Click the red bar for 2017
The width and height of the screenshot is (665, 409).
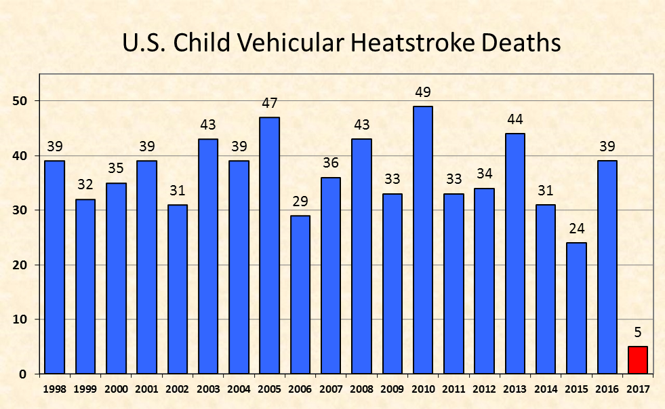[x=637, y=360]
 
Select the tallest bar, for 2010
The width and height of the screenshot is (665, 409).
[x=423, y=240]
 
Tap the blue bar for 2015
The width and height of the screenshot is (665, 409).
[x=576, y=309]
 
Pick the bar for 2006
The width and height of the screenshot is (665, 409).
[x=300, y=295]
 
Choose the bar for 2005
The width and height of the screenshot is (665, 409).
[x=269, y=246]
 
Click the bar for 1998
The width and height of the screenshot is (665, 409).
[x=55, y=267]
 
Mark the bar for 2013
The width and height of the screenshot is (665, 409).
[x=515, y=254]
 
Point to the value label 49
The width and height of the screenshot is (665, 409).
[x=423, y=92]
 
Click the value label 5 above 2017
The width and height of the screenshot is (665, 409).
[x=638, y=332]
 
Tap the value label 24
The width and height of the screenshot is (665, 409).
[x=577, y=229]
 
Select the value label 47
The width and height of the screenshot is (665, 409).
[x=269, y=103]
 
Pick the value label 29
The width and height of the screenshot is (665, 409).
[x=300, y=201]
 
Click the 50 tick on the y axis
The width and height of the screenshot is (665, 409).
[x=20, y=101]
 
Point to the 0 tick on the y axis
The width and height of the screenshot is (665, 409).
[x=23, y=374]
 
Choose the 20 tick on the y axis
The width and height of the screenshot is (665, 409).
[x=20, y=265]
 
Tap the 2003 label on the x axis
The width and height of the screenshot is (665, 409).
[x=208, y=389]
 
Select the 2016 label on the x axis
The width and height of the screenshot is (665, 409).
[x=607, y=389]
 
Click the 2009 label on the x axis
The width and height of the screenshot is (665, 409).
[x=392, y=389]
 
